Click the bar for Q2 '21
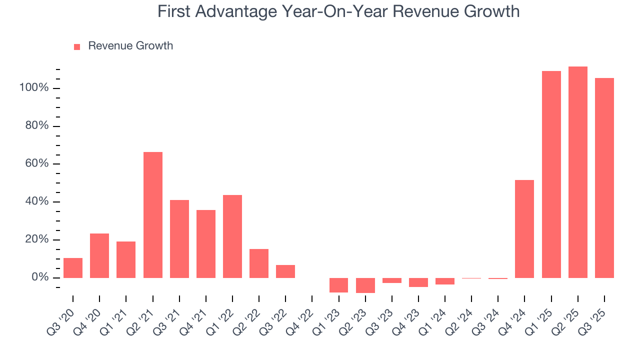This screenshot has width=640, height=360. [x=152, y=215]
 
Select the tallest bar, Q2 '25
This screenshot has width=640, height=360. [x=577, y=172]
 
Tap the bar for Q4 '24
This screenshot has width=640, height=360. [x=524, y=229]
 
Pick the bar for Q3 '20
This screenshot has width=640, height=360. [x=73, y=268]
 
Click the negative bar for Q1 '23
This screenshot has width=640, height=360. [x=338, y=285]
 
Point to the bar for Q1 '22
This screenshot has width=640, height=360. [x=232, y=236]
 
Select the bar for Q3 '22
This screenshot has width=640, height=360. [x=285, y=271]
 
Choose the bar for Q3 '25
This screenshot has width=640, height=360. [x=604, y=178]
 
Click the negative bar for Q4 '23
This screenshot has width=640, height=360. [x=418, y=282]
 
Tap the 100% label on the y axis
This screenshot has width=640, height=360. [x=34, y=88]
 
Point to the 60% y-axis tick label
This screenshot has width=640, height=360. [x=36, y=164]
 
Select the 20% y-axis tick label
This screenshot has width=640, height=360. [x=36, y=239]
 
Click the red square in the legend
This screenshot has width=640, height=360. [x=77, y=47]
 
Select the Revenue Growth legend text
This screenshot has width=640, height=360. [x=130, y=46]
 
